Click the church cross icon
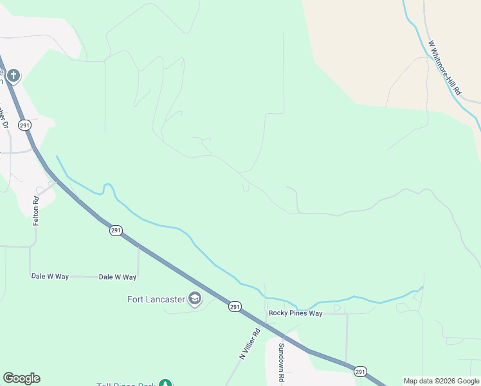click(12, 76)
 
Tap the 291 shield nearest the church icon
click(24, 125)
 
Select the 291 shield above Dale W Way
click(115, 230)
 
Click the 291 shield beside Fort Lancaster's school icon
click(235, 308)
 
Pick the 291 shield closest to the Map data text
click(360, 371)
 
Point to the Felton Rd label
click(36, 210)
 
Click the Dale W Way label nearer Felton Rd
click(50, 277)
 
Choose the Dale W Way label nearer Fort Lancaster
click(118, 277)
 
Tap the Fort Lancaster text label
click(156, 299)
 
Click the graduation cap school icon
click(194, 299)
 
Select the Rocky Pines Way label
click(295, 313)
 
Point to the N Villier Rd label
click(250, 344)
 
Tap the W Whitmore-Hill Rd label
click(445, 68)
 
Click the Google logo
click(21, 378)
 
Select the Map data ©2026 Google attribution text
click(441, 381)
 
